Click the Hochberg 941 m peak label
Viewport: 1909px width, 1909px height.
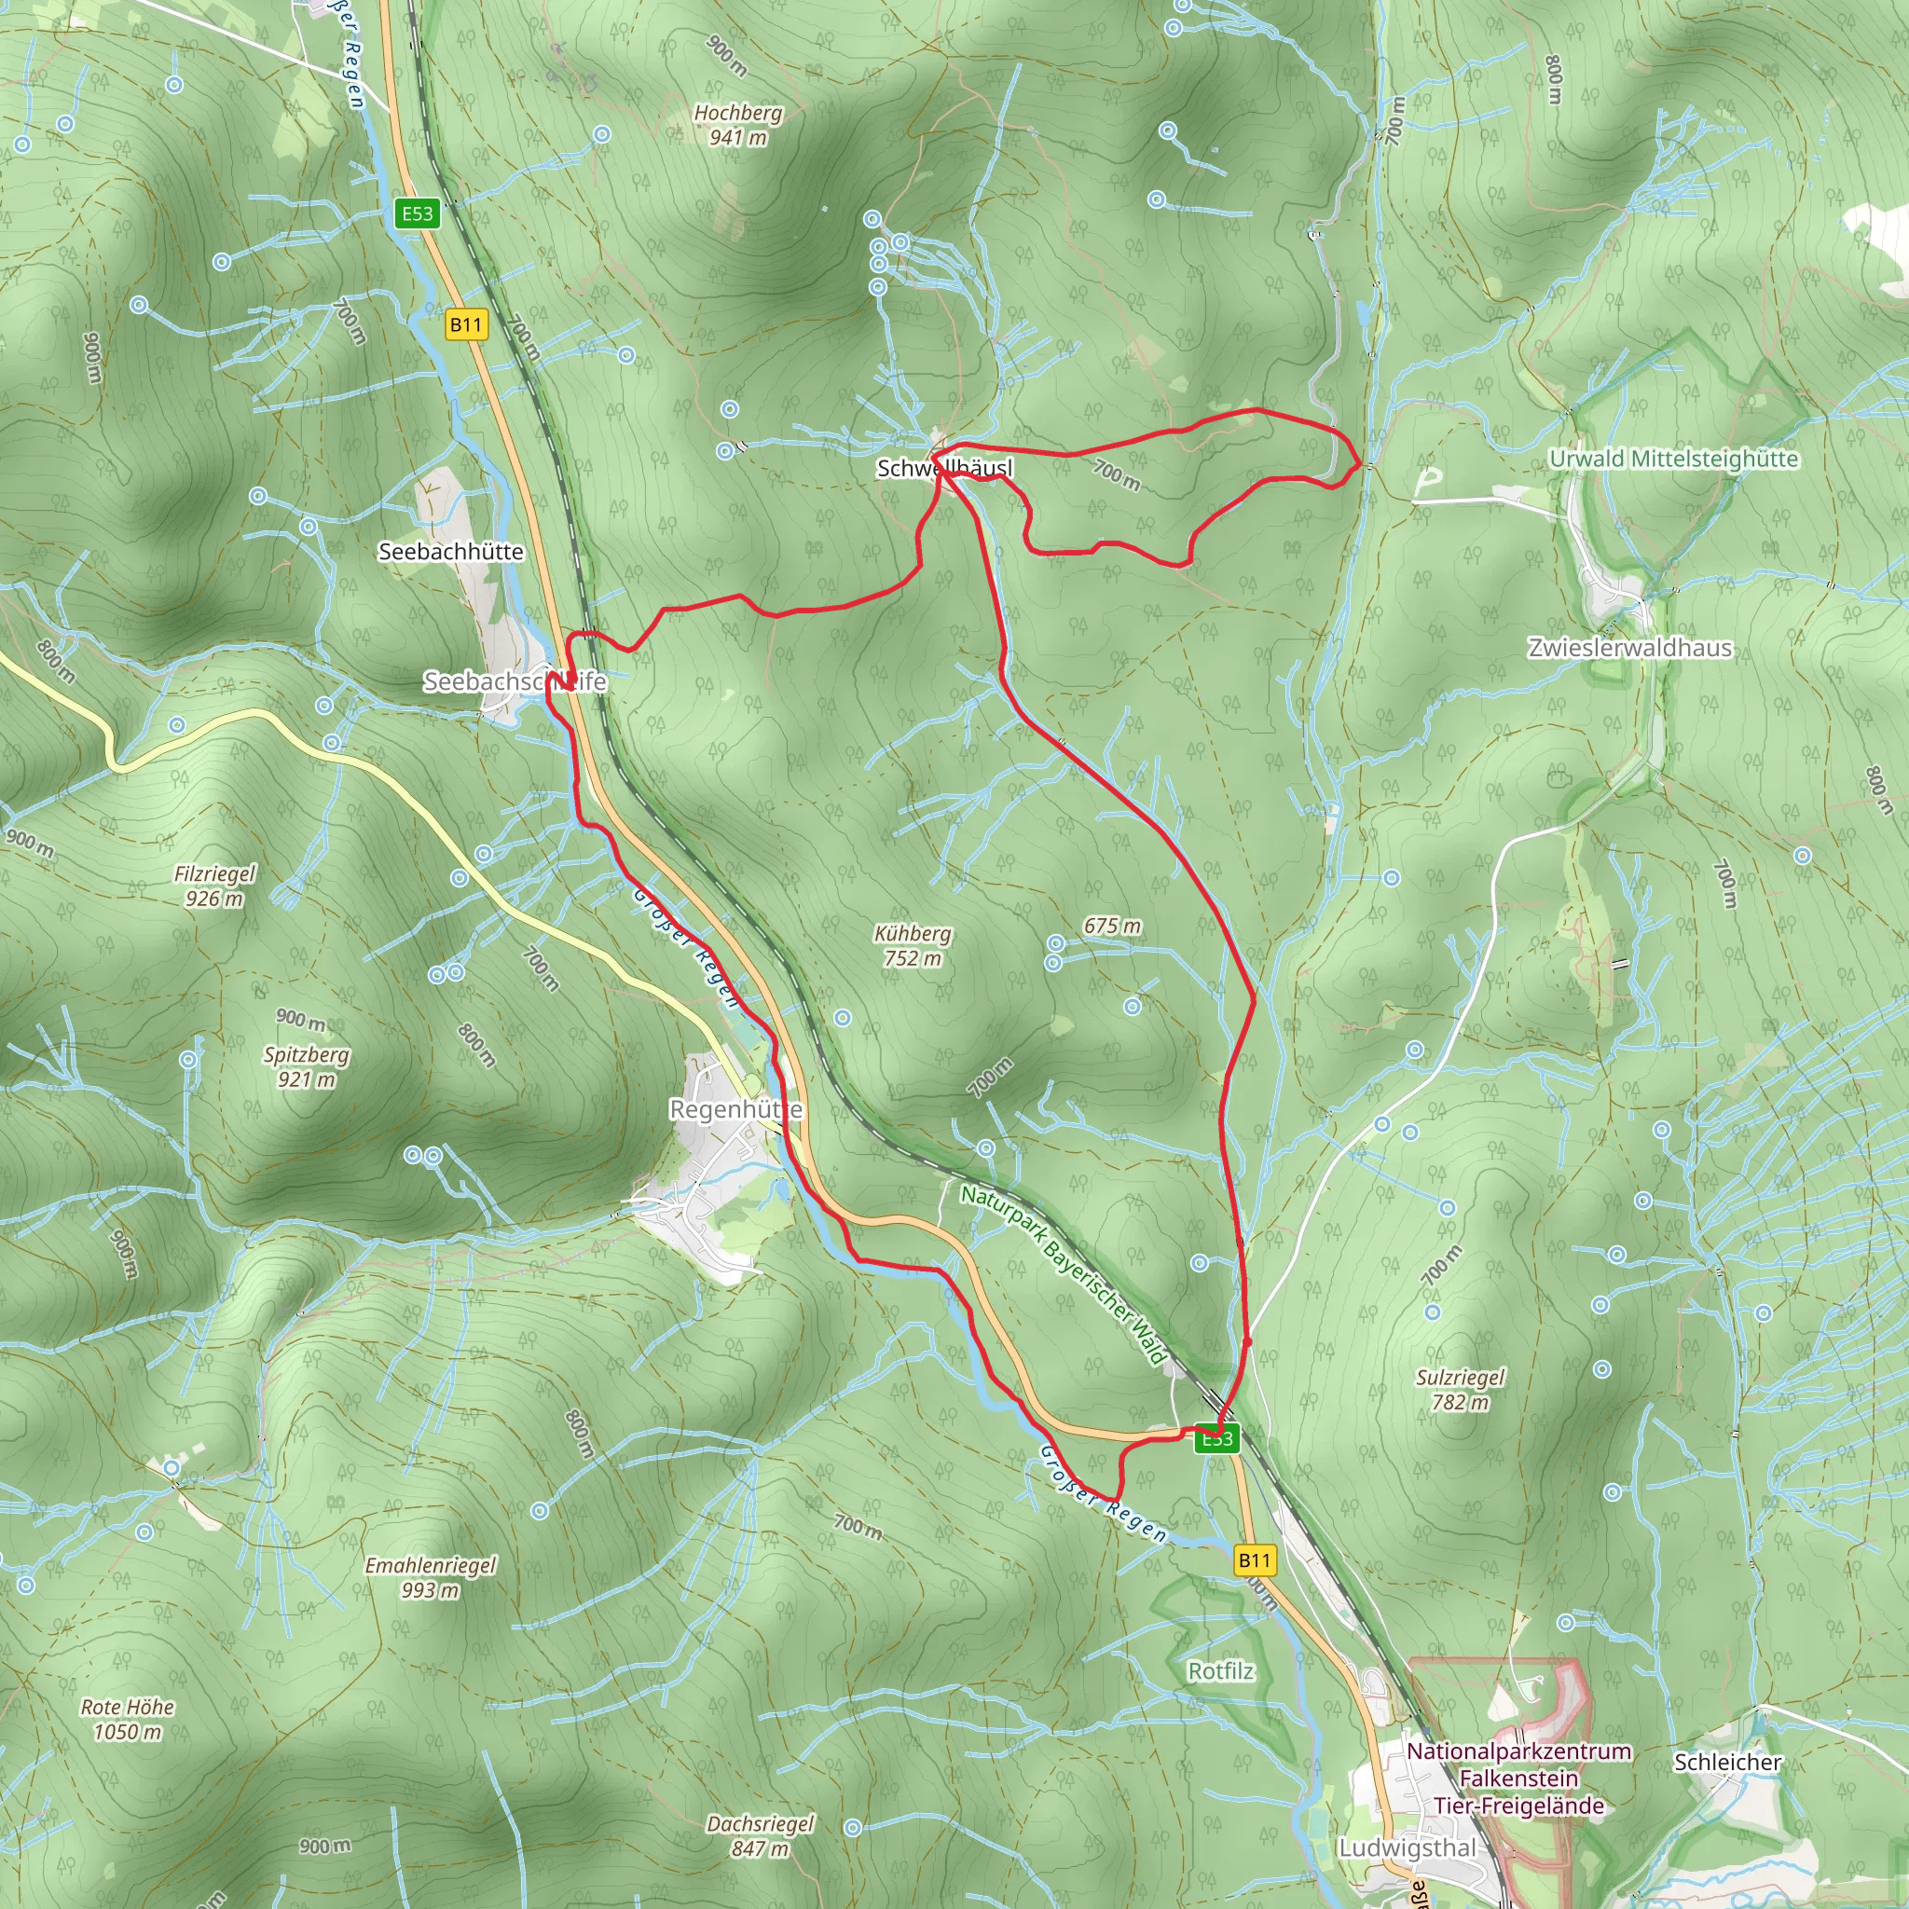pyautogui.click(x=737, y=126)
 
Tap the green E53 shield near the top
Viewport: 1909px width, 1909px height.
pyautogui.click(x=417, y=213)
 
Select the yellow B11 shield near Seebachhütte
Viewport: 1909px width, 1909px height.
pyautogui.click(x=465, y=325)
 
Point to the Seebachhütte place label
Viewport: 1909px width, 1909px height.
pyautogui.click(x=450, y=552)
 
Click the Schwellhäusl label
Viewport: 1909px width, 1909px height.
pyautogui.click(x=944, y=468)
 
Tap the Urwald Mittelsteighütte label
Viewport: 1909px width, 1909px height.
pyautogui.click(x=1673, y=459)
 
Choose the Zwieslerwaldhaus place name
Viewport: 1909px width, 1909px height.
pyautogui.click(x=1629, y=648)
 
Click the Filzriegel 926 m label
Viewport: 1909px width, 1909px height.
pyautogui.click(x=214, y=886)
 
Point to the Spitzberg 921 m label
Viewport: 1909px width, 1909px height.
pyautogui.click(x=307, y=1067)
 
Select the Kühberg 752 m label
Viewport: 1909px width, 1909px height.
pyautogui.click(x=913, y=945)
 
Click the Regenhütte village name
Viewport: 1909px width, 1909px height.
pyautogui.click(x=735, y=1109)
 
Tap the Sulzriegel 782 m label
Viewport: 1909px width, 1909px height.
pyautogui.click(x=1461, y=1389)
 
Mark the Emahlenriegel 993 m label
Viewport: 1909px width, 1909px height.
pyautogui.click(x=431, y=1577)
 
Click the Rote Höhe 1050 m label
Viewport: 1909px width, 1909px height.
pyautogui.click(x=128, y=1719)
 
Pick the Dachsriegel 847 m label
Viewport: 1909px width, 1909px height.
pyautogui.click(x=760, y=1836)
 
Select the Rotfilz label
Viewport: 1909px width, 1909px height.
pyautogui.click(x=1220, y=1671)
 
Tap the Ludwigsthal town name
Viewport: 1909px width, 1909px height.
pyautogui.click(x=1406, y=1847)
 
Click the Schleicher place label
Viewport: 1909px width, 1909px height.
pyautogui.click(x=1727, y=1762)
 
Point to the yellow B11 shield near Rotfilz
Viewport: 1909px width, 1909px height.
pyautogui.click(x=1254, y=1560)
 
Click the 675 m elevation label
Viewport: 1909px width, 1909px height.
pyautogui.click(x=1112, y=926)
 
